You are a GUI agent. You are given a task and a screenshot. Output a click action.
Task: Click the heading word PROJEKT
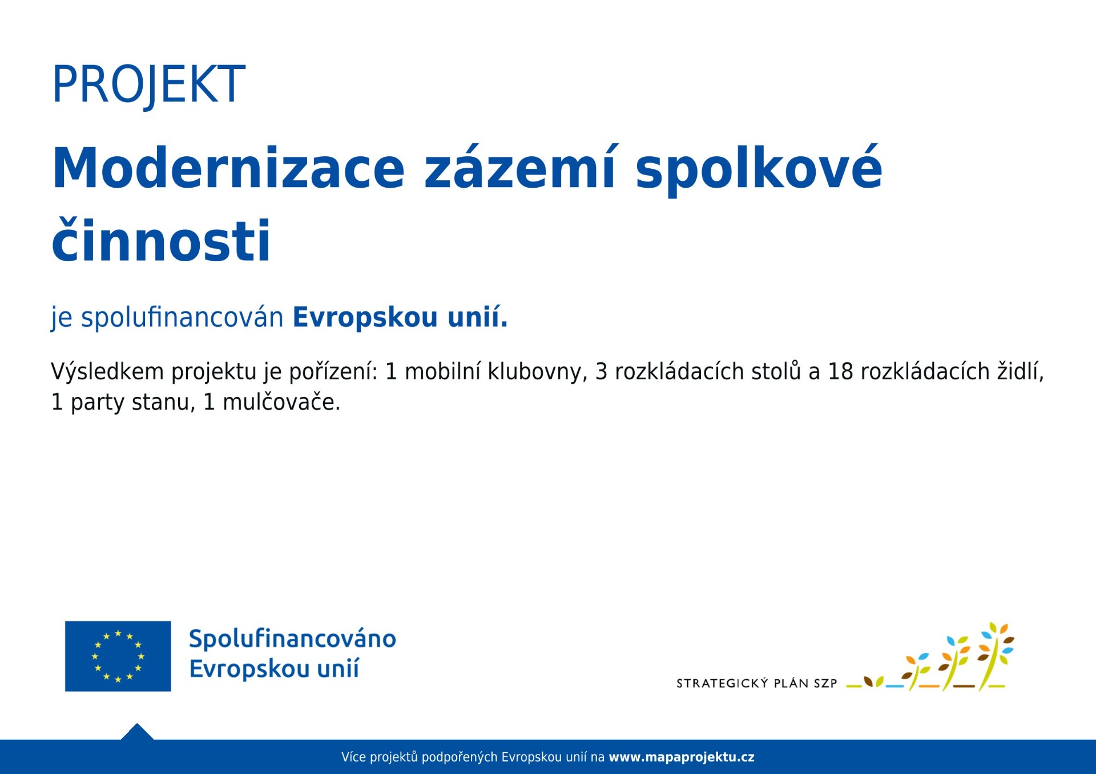[x=148, y=84]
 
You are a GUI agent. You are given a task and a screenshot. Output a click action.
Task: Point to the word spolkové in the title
[x=759, y=169]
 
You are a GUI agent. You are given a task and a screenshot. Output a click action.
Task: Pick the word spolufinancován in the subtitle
[x=182, y=317]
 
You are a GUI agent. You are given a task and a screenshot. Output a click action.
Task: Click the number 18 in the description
[x=840, y=371]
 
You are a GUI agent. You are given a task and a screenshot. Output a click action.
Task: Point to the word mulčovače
[x=281, y=402]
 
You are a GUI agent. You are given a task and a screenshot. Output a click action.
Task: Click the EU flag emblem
[x=118, y=656]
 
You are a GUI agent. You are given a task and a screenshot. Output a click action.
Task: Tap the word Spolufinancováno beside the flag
[x=292, y=639]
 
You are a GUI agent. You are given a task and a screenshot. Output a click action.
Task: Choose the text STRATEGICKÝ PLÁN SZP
[x=757, y=683]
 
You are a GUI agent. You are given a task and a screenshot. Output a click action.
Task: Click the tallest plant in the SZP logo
[x=995, y=656]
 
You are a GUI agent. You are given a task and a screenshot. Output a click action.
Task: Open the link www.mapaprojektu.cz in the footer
[x=682, y=757]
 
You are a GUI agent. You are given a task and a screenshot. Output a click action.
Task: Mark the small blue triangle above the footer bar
[x=137, y=732]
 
